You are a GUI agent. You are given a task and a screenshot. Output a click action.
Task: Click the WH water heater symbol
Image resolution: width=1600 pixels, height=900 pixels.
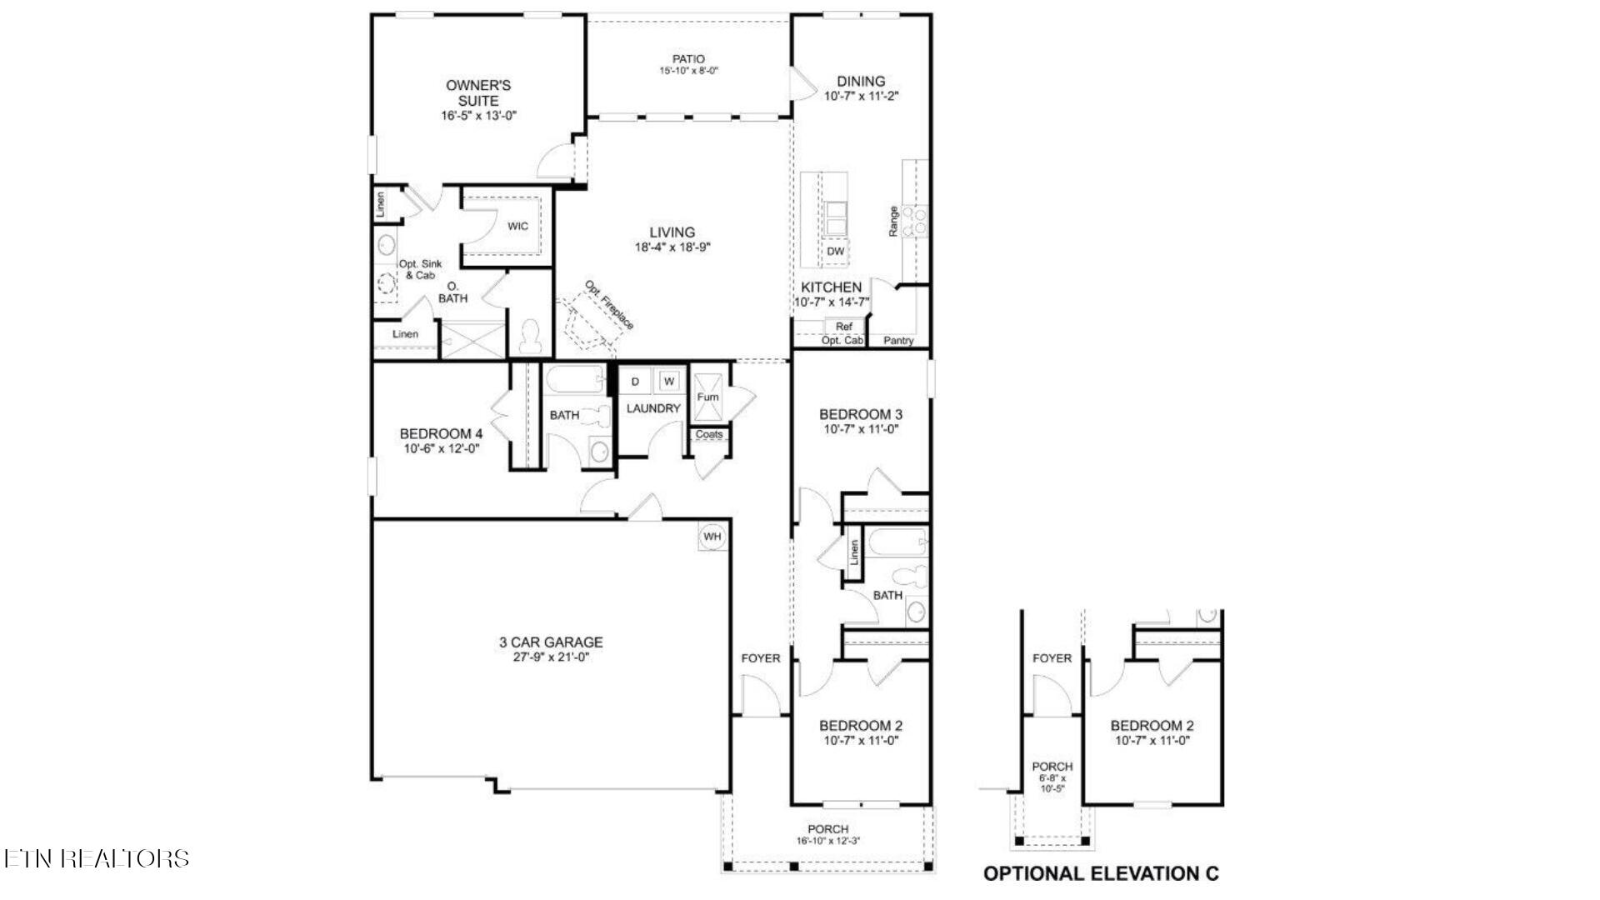point(712,537)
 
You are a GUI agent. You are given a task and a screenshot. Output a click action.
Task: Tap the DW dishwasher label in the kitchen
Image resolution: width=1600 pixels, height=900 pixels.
point(835,251)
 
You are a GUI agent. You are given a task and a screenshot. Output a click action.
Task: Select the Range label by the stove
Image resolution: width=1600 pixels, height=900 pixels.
point(893,221)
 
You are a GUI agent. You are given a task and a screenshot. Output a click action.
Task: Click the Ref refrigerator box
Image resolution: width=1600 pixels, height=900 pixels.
point(843,327)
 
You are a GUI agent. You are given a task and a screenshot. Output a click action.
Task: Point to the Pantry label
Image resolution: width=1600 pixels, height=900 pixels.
point(898,340)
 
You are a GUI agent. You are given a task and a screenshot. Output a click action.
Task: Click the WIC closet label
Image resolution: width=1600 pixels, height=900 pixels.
point(517,226)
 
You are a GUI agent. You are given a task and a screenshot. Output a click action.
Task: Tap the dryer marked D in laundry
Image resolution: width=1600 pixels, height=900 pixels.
point(635,382)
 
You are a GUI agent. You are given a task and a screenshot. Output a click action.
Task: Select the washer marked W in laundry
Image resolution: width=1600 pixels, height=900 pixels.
point(668,382)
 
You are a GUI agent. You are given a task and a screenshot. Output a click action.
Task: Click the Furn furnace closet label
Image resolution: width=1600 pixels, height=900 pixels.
point(707,397)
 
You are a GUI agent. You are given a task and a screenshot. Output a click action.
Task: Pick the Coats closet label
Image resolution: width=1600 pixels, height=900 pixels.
point(708,434)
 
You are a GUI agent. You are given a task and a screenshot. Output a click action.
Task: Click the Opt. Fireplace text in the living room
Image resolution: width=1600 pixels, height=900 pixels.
point(609,305)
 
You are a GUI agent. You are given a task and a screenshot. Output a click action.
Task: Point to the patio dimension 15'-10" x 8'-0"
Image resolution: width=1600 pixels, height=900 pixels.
point(688,71)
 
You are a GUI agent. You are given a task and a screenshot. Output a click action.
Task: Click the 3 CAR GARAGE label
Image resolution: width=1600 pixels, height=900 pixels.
point(551,642)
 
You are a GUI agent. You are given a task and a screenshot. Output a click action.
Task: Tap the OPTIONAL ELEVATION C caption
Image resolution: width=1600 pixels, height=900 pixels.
point(1101,873)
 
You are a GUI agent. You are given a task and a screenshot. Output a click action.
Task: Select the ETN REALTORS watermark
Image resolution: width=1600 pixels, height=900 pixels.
point(97,858)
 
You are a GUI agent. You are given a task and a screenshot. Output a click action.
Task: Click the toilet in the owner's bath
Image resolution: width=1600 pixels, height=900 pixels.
point(530,337)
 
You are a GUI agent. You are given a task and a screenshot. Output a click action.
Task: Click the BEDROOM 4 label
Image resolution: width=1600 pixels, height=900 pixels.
point(441,433)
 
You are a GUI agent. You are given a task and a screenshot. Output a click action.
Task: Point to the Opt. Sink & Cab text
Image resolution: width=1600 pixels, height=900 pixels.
point(420,269)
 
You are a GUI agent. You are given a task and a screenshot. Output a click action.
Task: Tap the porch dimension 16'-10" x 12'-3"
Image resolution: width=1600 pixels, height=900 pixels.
point(827,841)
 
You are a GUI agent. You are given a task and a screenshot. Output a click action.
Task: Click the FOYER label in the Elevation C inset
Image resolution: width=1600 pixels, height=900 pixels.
point(1052,657)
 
